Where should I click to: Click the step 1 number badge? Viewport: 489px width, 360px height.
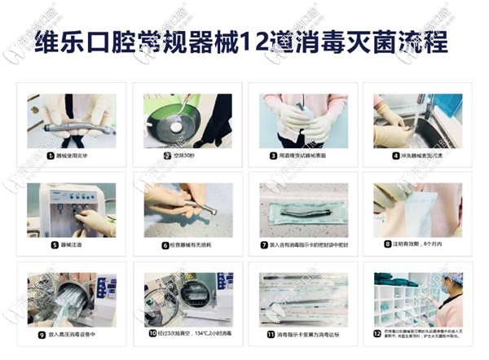[51, 154]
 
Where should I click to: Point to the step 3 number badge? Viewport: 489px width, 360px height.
[274, 154]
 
